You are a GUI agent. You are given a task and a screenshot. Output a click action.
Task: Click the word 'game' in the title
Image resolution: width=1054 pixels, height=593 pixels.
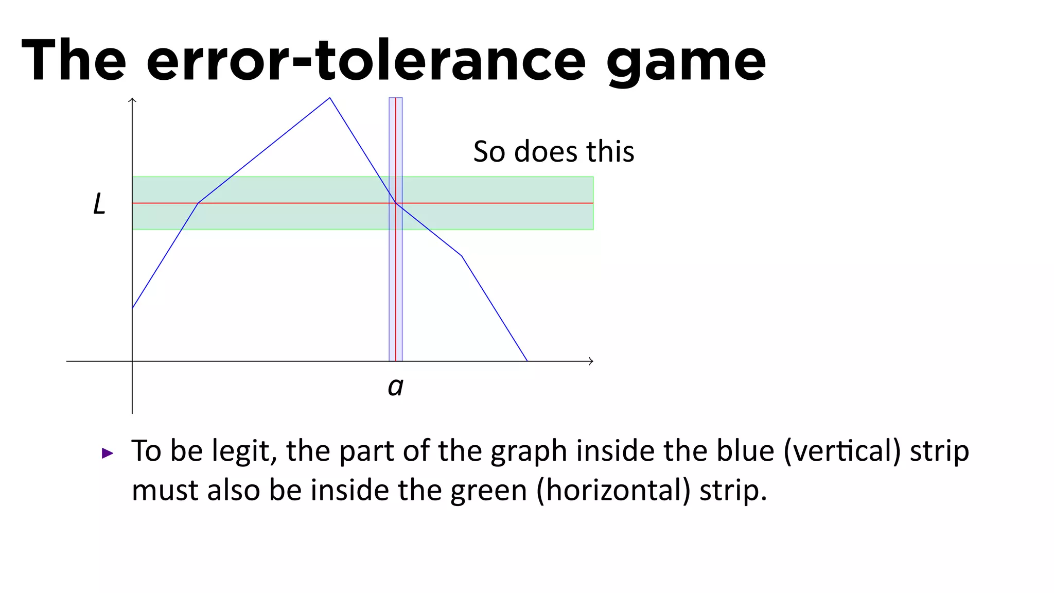[686, 62]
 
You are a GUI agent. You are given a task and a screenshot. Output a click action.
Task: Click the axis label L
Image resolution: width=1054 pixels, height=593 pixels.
[99, 204]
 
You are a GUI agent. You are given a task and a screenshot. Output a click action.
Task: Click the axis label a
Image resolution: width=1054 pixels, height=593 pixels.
[395, 387]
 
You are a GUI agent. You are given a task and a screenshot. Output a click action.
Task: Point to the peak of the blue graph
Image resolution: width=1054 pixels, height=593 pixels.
[330, 98]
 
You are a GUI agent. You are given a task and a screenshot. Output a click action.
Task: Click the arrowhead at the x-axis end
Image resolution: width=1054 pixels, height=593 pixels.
[591, 361]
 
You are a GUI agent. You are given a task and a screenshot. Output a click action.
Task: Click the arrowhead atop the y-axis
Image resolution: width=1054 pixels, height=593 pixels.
[132, 100]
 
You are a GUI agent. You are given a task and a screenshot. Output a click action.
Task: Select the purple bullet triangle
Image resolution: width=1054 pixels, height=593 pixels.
[108, 453]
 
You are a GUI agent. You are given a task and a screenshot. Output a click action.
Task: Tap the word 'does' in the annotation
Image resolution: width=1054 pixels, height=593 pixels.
[546, 152]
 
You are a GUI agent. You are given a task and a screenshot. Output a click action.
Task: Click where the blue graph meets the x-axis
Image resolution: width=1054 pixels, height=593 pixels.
[527, 361]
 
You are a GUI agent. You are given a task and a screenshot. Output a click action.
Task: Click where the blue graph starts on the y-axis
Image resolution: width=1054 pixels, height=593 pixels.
[133, 308]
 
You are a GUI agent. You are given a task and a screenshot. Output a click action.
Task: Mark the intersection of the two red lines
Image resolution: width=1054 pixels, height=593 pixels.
[396, 203]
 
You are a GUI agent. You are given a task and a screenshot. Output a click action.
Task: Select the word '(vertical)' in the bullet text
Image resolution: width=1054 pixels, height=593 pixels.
[842, 451]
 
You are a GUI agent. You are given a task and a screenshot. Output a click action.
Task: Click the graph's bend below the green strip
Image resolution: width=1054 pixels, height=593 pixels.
[462, 256]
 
